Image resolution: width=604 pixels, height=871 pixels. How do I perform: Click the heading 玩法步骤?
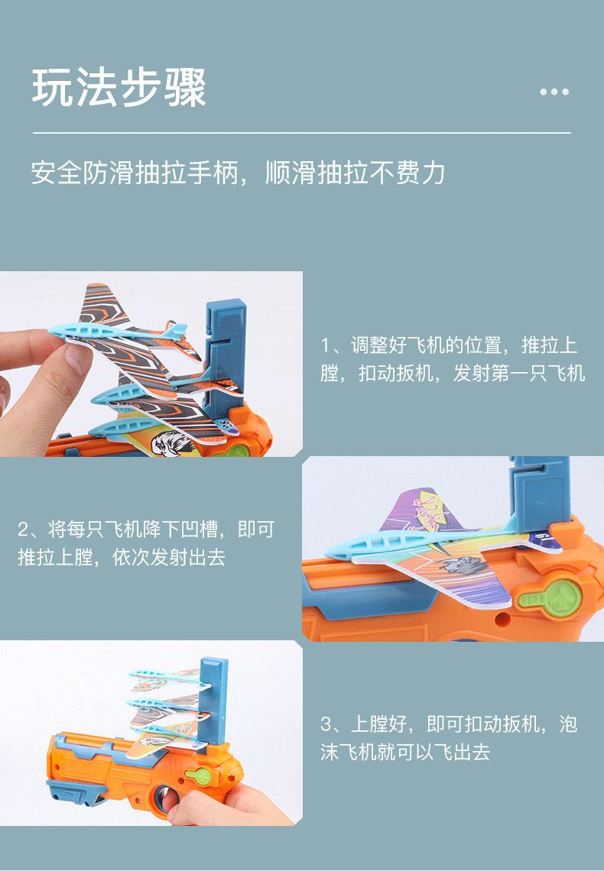(x=119, y=89)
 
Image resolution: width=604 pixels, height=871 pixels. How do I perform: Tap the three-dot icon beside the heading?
(x=554, y=92)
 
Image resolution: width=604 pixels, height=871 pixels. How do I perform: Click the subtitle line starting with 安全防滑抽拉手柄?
(x=238, y=173)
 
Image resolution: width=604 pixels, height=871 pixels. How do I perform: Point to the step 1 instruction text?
(x=451, y=359)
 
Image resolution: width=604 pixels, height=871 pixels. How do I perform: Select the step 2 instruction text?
(x=145, y=543)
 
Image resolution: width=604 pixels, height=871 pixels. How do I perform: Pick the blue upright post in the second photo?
(x=538, y=489)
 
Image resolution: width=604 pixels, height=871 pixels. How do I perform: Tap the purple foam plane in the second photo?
(x=428, y=535)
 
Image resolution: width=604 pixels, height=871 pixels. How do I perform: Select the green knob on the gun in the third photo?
(x=201, y=776)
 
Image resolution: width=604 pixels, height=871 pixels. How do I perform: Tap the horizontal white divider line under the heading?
(x=301, y=133)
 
